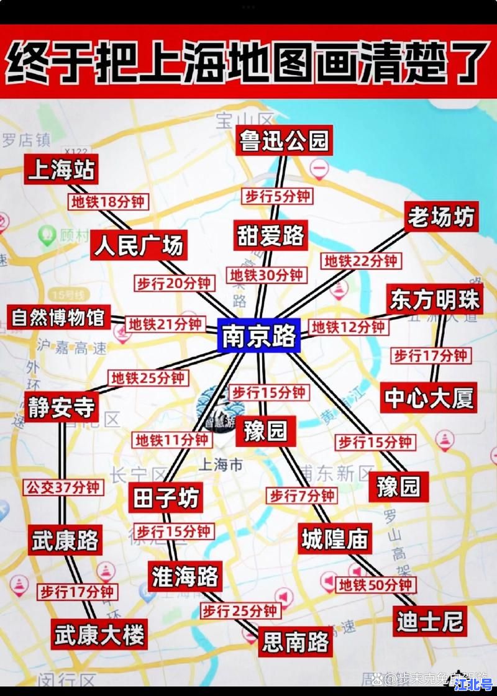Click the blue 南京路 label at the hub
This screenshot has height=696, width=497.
(x=260, y=337)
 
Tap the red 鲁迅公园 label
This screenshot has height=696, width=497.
(x=284, y=140)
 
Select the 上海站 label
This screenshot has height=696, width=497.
(x=61, y=169)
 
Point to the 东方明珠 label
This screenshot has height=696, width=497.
(x=435, y=301)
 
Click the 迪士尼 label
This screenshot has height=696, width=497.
(x=430, y=621)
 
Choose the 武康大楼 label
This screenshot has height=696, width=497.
(x=99, y=635)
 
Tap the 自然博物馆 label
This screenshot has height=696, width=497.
(x=58, y=317)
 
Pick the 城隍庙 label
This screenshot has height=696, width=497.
(x=335, y=539)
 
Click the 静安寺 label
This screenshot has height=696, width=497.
(x=62, y=407)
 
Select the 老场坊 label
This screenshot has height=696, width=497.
(x=441, y=217)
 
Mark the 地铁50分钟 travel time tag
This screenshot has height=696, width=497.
(x=376, y=585)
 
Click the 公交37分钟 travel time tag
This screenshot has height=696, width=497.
(x=63, y=487)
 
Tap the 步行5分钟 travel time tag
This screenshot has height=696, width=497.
(x=277, y=196)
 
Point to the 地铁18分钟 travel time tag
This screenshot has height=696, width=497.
(x=107, y=202)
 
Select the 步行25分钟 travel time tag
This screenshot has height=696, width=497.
(x=239, y=611)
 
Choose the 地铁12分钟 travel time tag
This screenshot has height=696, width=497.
(x=348, y=327)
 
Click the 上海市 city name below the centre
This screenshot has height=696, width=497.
(x=219, y=464)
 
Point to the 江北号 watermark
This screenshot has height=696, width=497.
(x=473, y=684)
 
